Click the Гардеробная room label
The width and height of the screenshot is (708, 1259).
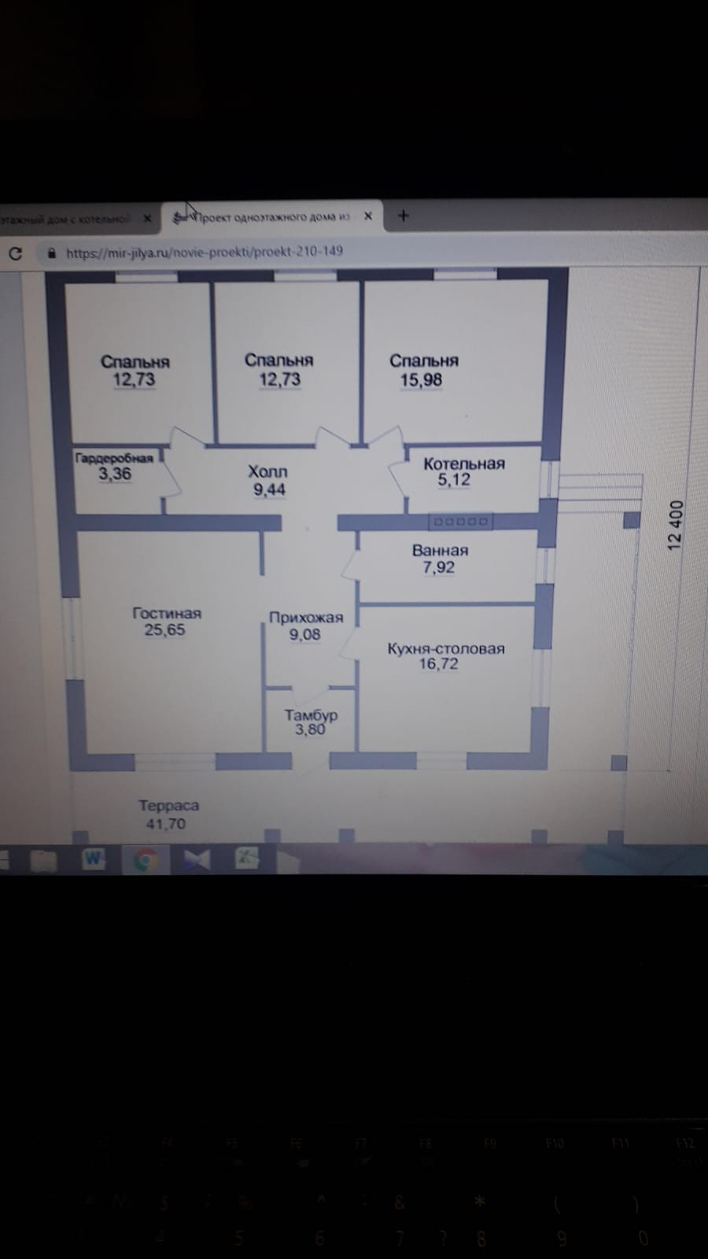114,458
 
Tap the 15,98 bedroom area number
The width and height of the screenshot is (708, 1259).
421,380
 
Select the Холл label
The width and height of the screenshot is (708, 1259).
267,471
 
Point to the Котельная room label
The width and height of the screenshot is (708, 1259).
463,463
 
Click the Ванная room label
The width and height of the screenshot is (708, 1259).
440,550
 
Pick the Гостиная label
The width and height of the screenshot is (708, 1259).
167,613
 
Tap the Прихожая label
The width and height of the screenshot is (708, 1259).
306,618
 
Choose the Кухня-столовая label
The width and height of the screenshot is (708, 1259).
445,648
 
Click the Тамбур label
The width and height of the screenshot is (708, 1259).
311,714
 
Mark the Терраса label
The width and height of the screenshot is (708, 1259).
168,805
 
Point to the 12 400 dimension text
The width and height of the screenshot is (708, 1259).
676,525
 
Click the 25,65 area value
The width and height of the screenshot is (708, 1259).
164,629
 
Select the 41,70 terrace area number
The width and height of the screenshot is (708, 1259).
166,824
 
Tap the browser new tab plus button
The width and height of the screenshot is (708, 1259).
404,216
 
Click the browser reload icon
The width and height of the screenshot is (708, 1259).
15,253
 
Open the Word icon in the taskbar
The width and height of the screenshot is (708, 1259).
94,859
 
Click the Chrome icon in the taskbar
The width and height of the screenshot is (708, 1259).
145,860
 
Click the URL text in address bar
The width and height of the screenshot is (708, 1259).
205,253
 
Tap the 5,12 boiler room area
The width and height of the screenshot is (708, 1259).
454,479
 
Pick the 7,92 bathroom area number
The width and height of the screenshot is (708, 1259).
438,567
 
